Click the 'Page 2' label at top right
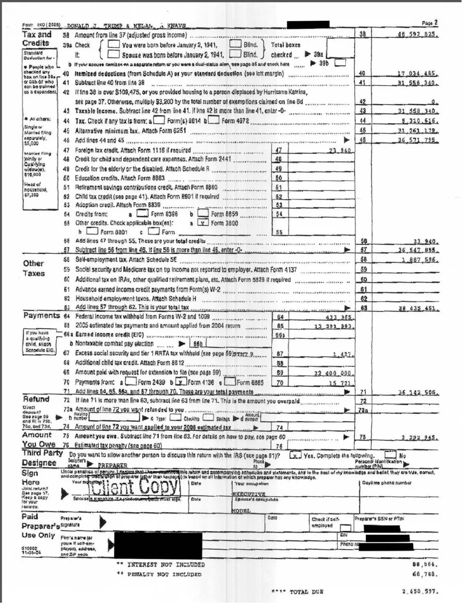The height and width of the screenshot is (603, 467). point(430,23)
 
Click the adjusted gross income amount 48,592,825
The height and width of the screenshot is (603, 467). point(418,35)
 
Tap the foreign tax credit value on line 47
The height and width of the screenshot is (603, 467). point(339,150)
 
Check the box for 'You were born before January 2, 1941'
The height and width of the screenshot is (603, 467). point(114,44)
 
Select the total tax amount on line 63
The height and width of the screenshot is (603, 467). point(418,308)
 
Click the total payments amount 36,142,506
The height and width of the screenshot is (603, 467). point(418,393)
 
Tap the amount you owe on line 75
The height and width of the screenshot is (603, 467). point(419,438)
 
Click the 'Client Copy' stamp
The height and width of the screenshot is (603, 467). point(134,487)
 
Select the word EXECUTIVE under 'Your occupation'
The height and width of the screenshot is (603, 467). point(249,494)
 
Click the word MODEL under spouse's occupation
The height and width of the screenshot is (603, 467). point(241,511)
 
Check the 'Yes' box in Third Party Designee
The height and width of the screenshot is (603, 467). point(295,455)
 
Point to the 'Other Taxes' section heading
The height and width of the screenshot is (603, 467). point(34,268)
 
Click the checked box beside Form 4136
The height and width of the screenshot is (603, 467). point(181,382)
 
